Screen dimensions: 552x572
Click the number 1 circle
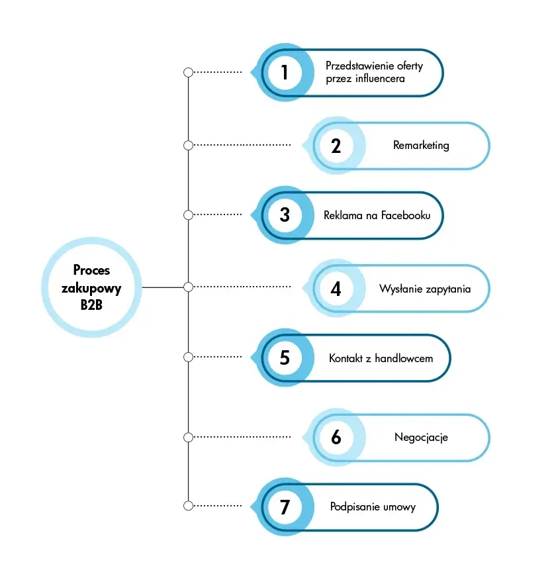(x=285, y=72)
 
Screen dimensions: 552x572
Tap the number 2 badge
(x=336, y=145)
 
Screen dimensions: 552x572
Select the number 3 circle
(x=285, y=215)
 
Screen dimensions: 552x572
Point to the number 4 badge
(x=336, y=288)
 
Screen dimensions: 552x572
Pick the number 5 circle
(x=285, y=358)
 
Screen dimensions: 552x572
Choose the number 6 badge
(x=336, y=437)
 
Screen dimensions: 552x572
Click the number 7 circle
(x=285, y=506)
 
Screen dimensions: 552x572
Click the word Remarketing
(x=421, y=145)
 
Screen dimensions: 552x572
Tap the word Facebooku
(x=406, y=215)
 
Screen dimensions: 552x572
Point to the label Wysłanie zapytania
(x=425, y=289)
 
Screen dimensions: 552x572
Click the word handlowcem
(x=404, y=358)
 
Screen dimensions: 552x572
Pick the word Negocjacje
(x=421, y=437)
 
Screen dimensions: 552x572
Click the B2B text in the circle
(x=91, y=305)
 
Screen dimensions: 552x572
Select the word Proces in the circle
(x=91, y=270)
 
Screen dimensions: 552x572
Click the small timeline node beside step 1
(x=188, y=72)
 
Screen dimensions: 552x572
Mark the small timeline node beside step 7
(x=188, y=506)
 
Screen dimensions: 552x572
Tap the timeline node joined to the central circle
(x=188, y=287)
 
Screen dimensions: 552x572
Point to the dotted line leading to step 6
(x=242, y=437)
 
